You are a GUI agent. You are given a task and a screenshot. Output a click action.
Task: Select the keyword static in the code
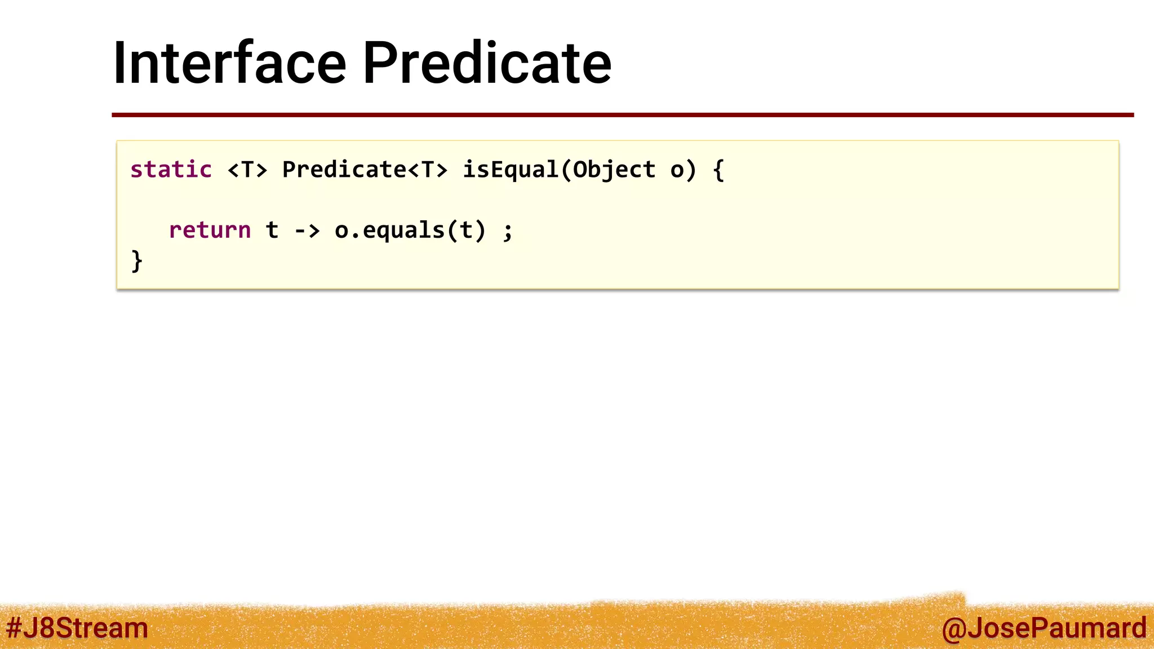(171, 170)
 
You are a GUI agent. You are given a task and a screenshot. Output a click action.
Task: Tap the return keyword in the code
(210, 230)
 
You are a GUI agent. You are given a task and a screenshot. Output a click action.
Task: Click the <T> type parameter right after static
(247, 170)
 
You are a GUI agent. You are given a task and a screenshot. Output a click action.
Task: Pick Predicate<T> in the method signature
(365, 170)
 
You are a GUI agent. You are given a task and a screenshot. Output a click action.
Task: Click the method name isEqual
(511, 170)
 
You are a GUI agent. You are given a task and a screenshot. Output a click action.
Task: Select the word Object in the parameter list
(614, 170)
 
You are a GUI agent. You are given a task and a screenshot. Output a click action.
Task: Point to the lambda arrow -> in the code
(307, 230)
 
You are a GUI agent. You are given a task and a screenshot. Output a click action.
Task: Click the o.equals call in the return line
(389, 230)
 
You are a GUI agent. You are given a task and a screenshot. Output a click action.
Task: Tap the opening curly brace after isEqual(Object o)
(718, 170)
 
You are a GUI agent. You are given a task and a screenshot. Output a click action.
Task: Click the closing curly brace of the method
(137, 261)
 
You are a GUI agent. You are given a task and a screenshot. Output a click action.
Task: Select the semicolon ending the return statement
(508, 231)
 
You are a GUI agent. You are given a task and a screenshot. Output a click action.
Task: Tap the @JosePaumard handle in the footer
(1044, 628)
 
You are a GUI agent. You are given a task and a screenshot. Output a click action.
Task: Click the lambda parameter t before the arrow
(272, 230)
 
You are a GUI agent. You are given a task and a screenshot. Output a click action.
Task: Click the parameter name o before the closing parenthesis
(677, 170)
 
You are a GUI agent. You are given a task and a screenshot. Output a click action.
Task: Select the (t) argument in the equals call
(465, 230)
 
